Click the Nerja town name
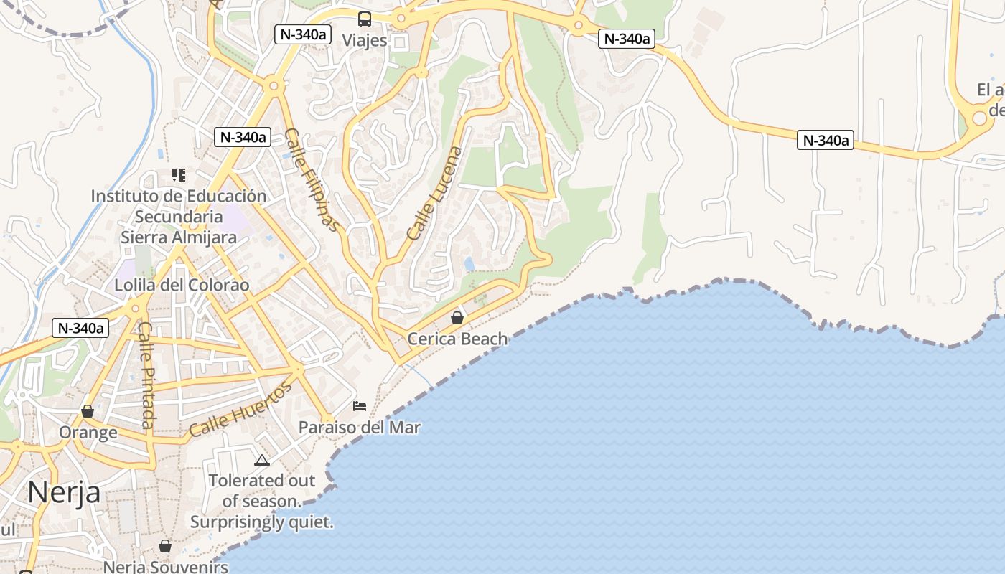click(x=64, y=493)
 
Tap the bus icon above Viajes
click(x=365, y=19)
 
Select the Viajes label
click(x=364, y=40)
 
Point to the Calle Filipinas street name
click(x=312, y=179)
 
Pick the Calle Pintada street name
click(x=146, y=375)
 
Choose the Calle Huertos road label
click(x=240, y=410)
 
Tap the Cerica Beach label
click(x=457, y=339)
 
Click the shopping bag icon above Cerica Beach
click(x=457, y=317)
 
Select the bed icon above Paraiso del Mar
click(x=360, y=406)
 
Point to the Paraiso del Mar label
click(x=360, y=428)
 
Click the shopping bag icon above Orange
click(x=88, y=411)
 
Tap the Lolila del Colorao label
click(x=182, y=286)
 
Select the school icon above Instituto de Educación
click(x=179, y=174)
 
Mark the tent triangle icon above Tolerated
click(x=261, y=460)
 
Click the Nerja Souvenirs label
click(x=166, y=567)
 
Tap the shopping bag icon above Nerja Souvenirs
click(x=165, y=546)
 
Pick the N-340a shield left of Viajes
click(x=302, y=34)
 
